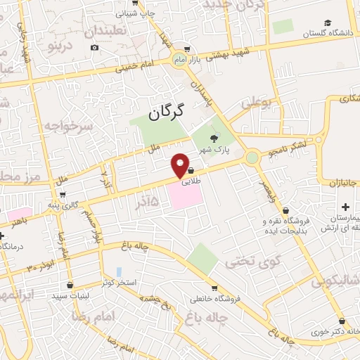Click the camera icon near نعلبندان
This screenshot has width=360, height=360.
[94, 48]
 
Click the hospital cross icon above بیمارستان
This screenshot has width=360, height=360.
[345, 207]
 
